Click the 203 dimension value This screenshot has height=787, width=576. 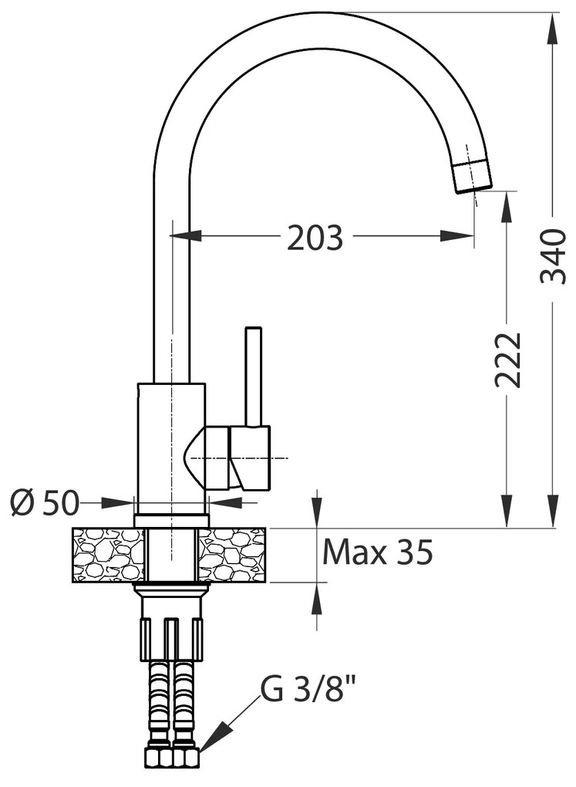pos(315,238)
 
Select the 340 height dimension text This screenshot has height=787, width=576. pos(553,255)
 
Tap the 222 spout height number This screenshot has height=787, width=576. pos(507,359)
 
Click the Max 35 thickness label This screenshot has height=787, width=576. pos(377,552)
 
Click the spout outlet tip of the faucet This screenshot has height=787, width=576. pos(471,176)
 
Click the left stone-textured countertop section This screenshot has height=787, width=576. pos(109,555)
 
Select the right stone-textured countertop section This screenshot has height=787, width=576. pos(232,555)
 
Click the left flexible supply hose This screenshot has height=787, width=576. pos(160,702)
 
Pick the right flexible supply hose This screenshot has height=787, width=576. pos(184,702)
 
